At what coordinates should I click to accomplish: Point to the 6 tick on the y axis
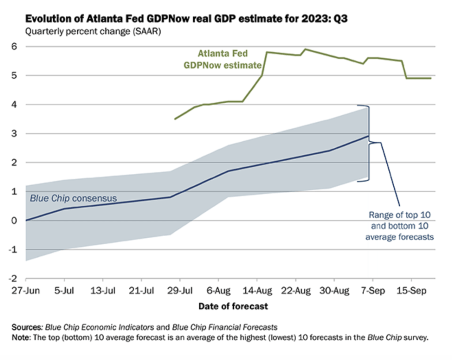point(15,46)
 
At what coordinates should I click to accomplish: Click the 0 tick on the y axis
point(15,221)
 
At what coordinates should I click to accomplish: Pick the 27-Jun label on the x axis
point(26,291)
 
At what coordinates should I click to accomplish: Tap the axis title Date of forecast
point(233,306)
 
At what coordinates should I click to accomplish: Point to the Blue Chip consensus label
point(73,199)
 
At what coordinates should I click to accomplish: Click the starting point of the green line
point(175,119)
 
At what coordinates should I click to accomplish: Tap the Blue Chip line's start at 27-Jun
point(26,221)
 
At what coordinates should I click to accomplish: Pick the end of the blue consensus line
point(368,136)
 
